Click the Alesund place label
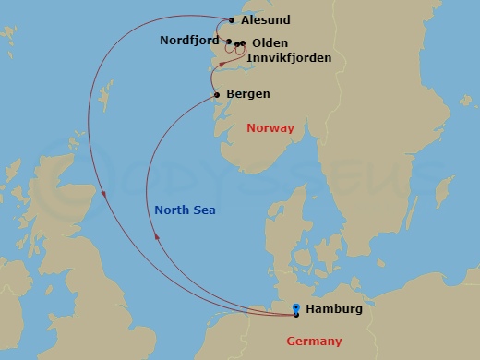pyautogui.click(x=266, y=19)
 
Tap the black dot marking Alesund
pyautogui.click(x=231, y=19)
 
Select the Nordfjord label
pyautogui.click(x=189, y=41)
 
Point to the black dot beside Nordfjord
pyautogui.click(x=229, y=42)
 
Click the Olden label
pyautogui.click(x=270, y=43)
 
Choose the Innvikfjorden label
pyautogui.click(x=288, y=58)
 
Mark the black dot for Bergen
pyautogui.click(x=217, y=94)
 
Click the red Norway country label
pyautogui.click(x=270, y=128)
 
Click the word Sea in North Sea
pyautogui.click(x=204, y=210)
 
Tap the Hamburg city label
pyautogui.click(x=333, y=309)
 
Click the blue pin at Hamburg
pyautogui.click(x=295, y=309)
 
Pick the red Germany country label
pyautogui.click(x=314, y=342)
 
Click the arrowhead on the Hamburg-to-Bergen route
pyautogui.click(x=157, y=236)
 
